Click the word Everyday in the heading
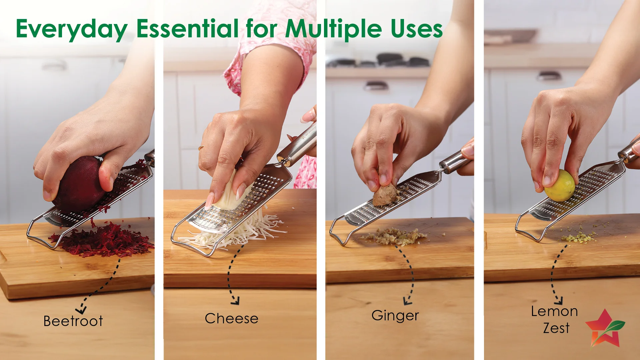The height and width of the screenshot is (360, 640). click(x=72, y=29)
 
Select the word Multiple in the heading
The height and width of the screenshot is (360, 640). click(x=333, y=29)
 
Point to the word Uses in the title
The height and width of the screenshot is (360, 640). click(x=417, y=29)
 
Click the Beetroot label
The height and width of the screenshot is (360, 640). click(x=73, y=321)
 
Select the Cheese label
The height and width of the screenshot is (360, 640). click(x=231, y=318)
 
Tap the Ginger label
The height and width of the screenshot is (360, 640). click(x=395, y=316)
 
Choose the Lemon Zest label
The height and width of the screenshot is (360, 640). click(x=555, y=319)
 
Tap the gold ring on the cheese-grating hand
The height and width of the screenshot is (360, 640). click(x=201, y=148)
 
